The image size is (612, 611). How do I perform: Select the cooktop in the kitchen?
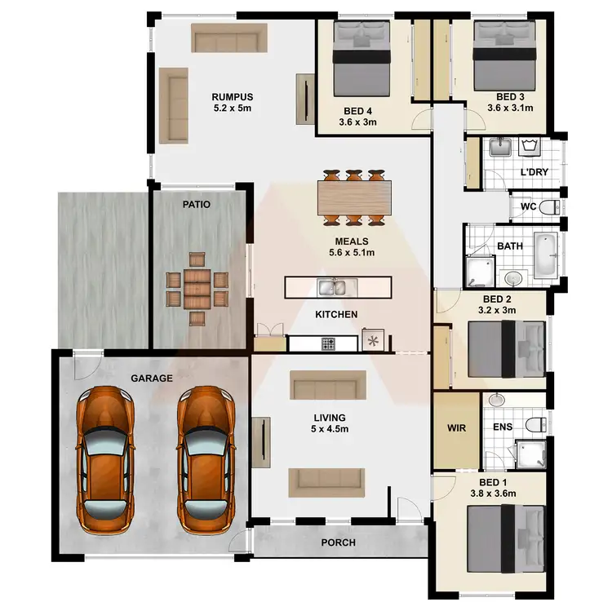tap(328, 343)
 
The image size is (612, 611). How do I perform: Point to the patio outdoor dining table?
tap(197, 287)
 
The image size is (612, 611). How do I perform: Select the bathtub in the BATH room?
tap(546, 254)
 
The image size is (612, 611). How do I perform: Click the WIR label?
tap(455, 427)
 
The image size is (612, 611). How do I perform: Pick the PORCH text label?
tap(337, 542)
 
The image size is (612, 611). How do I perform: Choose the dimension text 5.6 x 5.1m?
tap(352, 253)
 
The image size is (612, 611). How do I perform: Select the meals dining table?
tap(353, 197)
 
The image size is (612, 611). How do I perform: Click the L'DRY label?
tap(534, 174)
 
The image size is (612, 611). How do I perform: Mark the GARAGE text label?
tap(152, 379)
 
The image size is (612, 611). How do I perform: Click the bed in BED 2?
tap(507, 348)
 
